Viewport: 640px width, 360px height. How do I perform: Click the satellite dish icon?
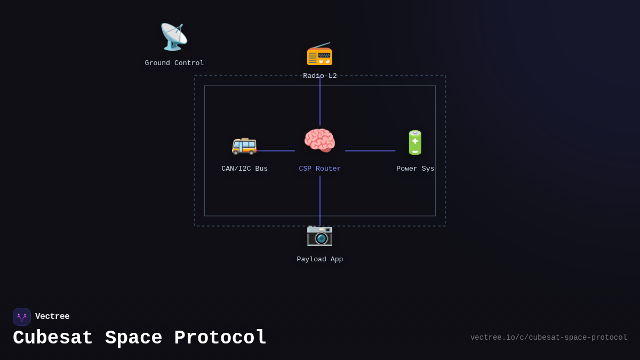174,37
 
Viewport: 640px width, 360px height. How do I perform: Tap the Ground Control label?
174,63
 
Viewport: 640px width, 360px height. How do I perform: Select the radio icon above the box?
319,54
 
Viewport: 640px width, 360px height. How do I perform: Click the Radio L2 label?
320,76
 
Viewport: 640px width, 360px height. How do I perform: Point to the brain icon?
319,141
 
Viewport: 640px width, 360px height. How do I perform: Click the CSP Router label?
320,169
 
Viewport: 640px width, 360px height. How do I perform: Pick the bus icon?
244,144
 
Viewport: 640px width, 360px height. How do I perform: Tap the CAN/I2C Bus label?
245,169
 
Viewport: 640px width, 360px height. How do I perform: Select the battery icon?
415,143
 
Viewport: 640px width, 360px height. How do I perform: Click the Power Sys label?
415,169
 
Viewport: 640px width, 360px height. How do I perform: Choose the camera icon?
319,235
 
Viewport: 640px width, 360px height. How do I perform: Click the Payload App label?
320,259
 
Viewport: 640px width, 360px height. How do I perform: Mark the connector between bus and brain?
276,150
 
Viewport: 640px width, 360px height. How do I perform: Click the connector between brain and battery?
370,150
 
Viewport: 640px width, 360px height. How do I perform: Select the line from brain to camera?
320,200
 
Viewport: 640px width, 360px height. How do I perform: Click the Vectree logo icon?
22,317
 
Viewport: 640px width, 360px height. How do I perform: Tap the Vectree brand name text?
52,317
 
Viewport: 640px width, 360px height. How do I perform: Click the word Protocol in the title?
220,338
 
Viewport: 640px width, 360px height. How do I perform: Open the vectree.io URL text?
548,338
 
